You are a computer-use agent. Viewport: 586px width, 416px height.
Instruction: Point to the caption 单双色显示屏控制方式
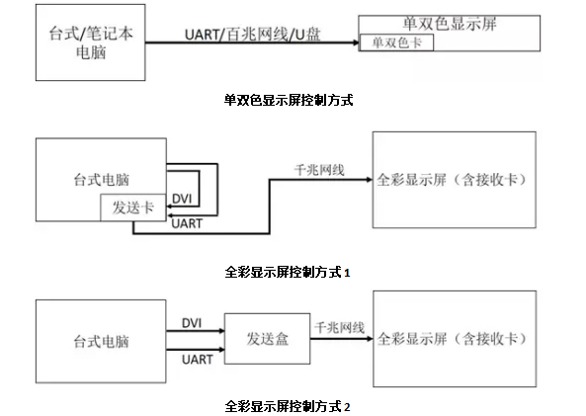(x=289, y=99)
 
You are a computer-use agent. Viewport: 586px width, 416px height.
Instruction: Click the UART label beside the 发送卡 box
(x=186, y=224)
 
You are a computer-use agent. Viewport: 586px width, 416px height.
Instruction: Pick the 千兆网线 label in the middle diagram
(x=320, y=170)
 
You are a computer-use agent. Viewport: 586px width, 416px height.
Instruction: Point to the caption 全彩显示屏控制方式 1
(x=289, y=269)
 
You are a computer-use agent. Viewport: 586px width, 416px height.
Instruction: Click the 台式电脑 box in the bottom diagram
(x=101, y=342)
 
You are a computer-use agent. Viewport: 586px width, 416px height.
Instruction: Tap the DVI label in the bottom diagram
(x=192, y=322)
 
